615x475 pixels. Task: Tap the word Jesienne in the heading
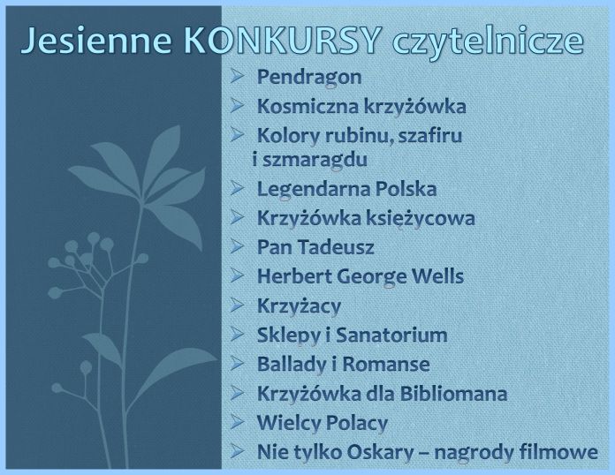click(x=96, y=40)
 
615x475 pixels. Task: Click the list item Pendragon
click(x=309, y=78)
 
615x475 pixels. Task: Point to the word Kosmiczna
click(x=307, y=106)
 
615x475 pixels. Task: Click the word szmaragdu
click(x=315, y=160)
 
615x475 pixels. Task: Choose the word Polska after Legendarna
click(x=406, y=189)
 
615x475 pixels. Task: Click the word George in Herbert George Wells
click(x=372, y=277)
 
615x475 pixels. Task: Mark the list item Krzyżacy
click(x=299, y=306)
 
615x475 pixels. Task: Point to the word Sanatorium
click(x=391, y=336)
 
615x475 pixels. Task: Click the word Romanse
click(x=386, y=365)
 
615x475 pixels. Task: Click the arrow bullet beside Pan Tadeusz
click(x=238, y=246)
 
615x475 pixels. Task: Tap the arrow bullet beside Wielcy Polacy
click(x=238, y=422)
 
